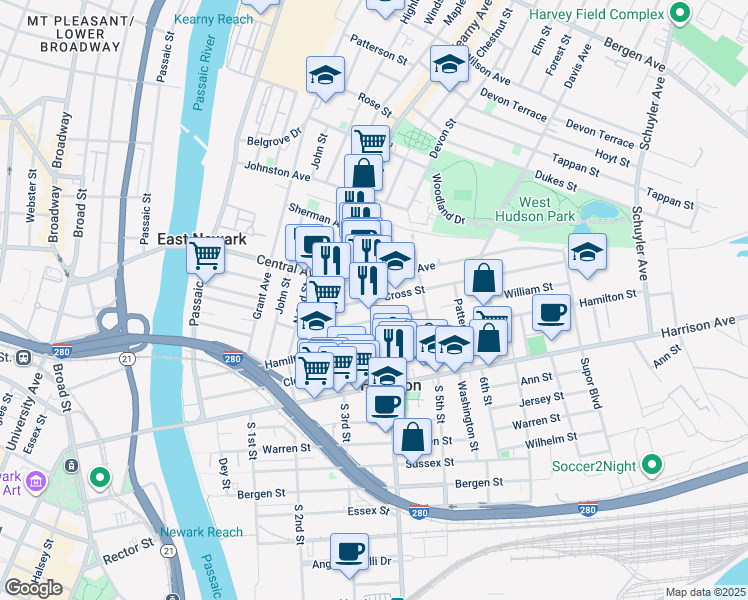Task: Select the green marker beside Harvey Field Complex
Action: pyautogui.click(x=681, y=14)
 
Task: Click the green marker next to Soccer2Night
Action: pyautogui.click(x=652, y=465)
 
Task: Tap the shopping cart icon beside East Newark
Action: pyautogui.click(x=206, y=256)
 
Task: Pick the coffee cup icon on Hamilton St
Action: pyautogui.click(x=551, y=312)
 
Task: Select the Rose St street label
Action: pyautogui.click(x=374, y=103)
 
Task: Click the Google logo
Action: pyautogui.click(x=33, y=588)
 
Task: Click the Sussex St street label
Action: pyautogui.click(x=430, y=463)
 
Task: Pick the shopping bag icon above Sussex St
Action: pyautogui.click(x=412, y=436)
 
